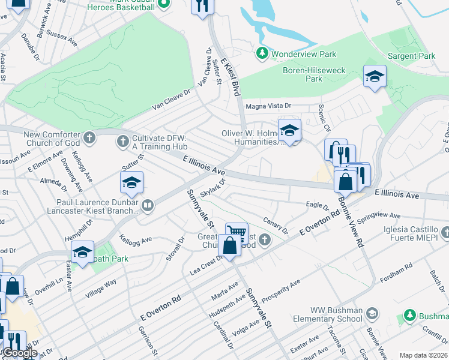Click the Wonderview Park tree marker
(262, 54)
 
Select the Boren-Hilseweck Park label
(314, 74)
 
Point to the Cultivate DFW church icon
(123, 142)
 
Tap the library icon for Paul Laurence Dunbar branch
(148, 207)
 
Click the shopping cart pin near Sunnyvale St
(237, 232)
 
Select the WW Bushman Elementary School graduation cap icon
(372, 314)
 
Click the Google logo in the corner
(19, 353)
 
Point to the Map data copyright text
(424, 355)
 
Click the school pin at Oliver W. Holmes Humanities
(289, 130)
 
